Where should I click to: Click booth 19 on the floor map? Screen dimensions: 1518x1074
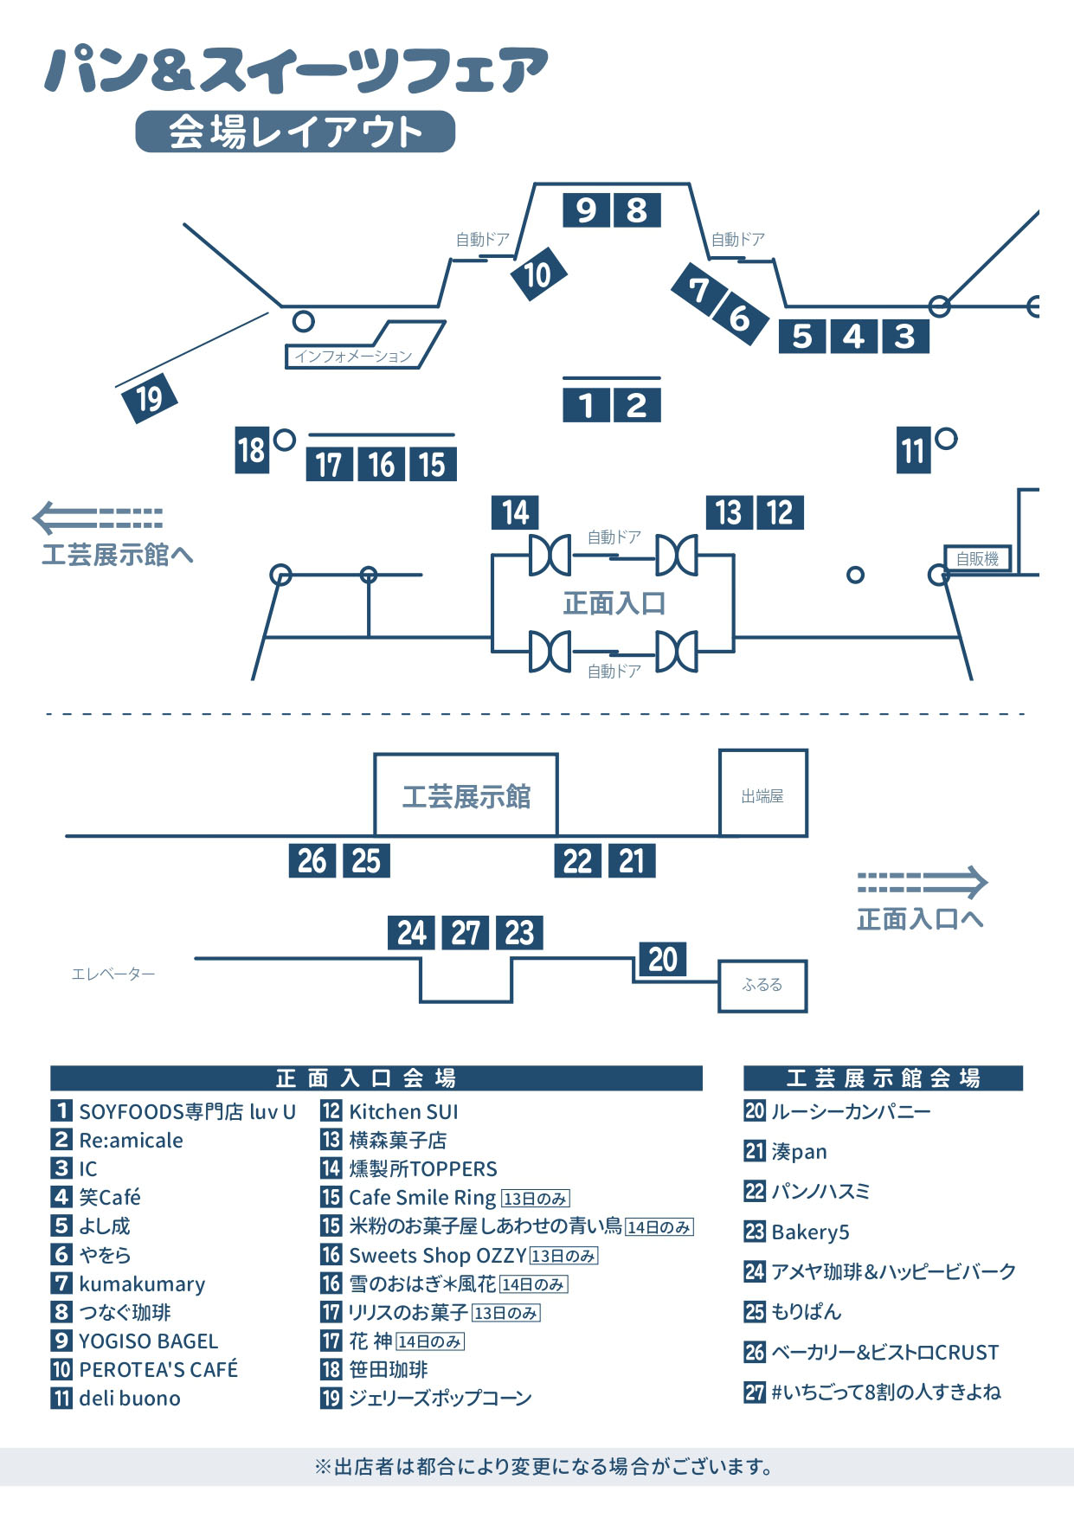click(149, 398)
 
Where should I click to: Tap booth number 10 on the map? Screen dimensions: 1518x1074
click(537, 274)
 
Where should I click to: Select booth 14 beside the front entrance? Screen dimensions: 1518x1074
click(515, 512)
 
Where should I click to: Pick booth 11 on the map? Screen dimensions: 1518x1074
click(913, 451)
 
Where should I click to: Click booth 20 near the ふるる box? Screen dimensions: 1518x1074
click(663, 959)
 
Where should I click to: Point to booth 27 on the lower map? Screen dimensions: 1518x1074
click(466, 933)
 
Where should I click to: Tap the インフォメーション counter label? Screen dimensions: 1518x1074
click(353, 356)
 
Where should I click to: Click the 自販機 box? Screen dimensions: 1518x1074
click(977, 559)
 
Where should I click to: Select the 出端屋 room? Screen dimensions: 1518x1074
click(762, 795)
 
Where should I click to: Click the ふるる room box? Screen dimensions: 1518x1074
click(762, 985)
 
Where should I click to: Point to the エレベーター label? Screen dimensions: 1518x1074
click(113, 974)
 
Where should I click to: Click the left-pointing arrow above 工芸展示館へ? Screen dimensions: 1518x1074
click(98, 518)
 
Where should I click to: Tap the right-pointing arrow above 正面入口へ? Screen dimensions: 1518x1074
click(922, 882)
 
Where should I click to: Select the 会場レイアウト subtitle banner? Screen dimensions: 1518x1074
click(295, 132)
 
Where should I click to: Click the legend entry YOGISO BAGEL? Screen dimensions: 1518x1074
click(148, 1341)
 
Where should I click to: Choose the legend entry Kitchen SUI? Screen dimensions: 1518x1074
click(403, 1111)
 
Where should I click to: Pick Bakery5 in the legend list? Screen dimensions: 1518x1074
click(810, 1232)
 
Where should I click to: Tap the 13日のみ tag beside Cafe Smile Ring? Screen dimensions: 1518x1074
click(536, 1199)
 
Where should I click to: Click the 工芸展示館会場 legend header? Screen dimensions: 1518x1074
click(883, 1077)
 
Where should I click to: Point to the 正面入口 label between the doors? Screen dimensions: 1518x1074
click(614, 603)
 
